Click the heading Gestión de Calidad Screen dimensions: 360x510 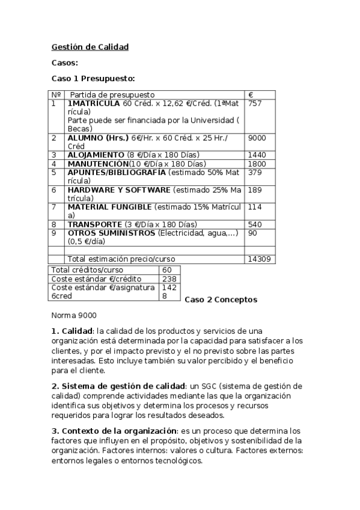click(90, 46)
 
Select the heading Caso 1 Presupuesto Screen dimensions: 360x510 click(93, 78)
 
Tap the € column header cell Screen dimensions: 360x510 click(251, 95)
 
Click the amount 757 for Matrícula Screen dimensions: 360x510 click(254, 103)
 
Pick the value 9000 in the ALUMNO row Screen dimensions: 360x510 click(257, 138)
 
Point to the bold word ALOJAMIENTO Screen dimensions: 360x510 click(96, 155)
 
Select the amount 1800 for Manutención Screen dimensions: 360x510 click(257, 163)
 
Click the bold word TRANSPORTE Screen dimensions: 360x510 click(94, 224)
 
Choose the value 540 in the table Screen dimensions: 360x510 click(254, 224)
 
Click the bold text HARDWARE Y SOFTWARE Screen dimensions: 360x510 click(119, 189)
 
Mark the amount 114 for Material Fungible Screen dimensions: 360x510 click(254, 207)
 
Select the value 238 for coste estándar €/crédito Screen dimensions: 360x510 click(167, 278)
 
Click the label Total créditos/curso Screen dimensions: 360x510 click(88, 270)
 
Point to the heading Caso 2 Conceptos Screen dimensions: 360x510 click(221, 300)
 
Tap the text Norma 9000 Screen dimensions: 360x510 click(74, 315)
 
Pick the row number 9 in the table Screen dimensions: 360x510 click(53, 233)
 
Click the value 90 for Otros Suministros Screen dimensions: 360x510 click(252, 233)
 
